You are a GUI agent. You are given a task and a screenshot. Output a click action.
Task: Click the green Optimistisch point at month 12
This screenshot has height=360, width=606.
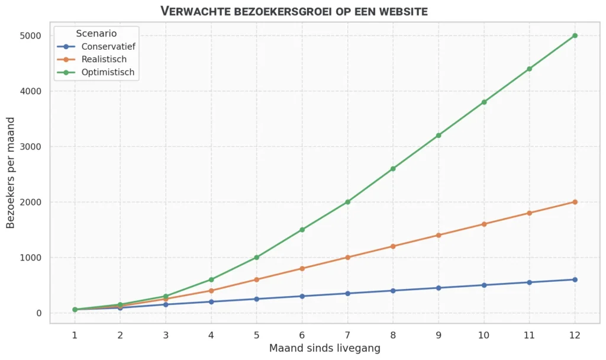click(x=575, y=36)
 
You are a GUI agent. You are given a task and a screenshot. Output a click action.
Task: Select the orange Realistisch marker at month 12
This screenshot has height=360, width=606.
click(x=575, y=202)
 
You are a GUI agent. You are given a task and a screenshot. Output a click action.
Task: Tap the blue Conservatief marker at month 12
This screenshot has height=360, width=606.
click(x=575, y=279)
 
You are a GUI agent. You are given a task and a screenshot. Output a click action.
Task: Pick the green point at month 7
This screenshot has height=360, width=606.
click(x=347, y=202)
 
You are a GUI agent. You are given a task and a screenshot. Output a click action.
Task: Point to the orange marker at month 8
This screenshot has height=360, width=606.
click(x=393, y=246)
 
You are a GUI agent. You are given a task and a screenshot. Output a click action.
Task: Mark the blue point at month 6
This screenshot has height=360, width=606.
click(x=302, y=296)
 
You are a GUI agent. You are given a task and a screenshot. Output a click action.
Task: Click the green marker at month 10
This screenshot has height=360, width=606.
click(x=484, y=102)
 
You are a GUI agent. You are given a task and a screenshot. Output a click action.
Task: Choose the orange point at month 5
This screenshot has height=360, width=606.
click(x=256, y=279)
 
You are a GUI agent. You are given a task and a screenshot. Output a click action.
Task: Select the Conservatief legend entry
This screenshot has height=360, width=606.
click(x=108, y=46)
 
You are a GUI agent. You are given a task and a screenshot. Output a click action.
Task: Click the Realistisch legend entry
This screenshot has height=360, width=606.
click(x=104, y=59)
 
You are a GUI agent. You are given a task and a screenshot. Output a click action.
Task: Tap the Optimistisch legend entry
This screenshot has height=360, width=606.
click(x=108, y=72)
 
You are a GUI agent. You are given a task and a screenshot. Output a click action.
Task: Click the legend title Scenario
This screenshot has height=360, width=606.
click(x=96, y=34)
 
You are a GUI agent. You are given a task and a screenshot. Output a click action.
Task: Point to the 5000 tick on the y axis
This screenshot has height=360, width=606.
click(x=30, y=36)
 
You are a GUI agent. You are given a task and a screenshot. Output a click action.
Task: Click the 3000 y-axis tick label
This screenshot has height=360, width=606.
click(x=30, y=146)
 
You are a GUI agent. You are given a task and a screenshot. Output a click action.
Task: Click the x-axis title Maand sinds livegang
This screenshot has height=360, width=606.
click(x=324, y=348)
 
